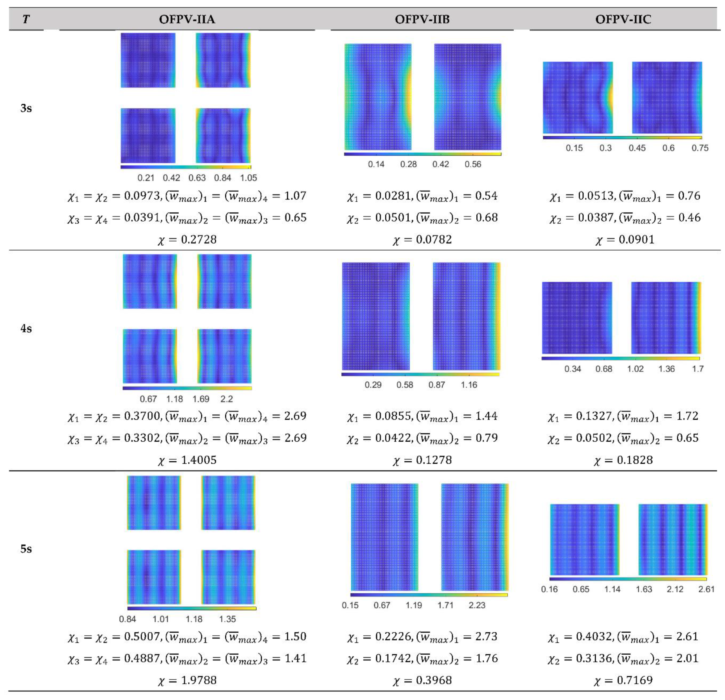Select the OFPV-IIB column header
tap(422, 19)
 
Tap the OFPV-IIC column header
tap(623, 19)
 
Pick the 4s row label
tap(26, 329)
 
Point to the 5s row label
tap(26, 549)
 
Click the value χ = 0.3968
tap(422, 680)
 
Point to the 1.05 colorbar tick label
tap(248, 178)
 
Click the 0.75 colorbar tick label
tap(700, 148)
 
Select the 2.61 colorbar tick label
tap(706, 589)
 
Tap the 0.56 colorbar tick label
tap(473, 164)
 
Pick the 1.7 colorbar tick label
tap(698, 369)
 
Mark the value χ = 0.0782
tap(422, 240)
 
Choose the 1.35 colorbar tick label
tap(227, 619)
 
